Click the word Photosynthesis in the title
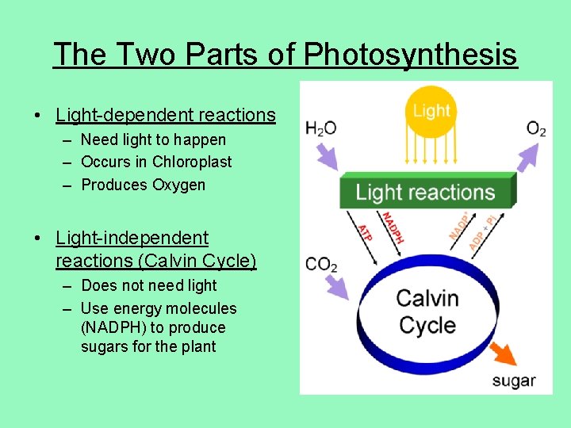(411, 55)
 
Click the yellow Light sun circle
(431, 111)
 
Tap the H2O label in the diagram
(321, 128)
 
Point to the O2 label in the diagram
(536, 128)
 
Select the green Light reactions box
(425, 192)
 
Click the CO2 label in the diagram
(321, 263)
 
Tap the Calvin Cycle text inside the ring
(427, 311)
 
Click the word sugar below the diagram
(513, 380)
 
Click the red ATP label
(364, 231)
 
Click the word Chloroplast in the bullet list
(193, 162)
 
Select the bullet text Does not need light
(148, 285)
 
